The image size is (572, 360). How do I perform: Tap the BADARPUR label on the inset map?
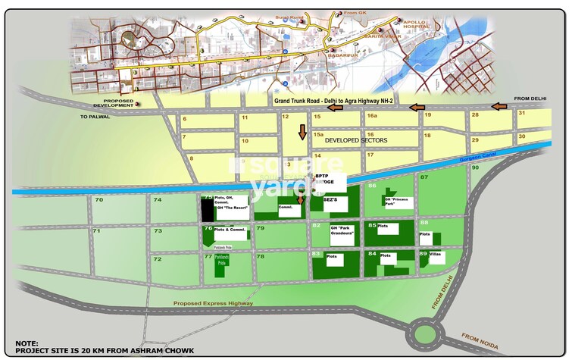point(342,55)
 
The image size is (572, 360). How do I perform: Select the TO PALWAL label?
point(95,117)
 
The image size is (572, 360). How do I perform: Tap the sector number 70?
point(98,199)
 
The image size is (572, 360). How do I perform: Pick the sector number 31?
point(522,113)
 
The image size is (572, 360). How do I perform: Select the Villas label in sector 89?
point(436,255)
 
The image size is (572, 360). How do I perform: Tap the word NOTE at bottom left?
point(27,343)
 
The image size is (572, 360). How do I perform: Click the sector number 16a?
point(372,116)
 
